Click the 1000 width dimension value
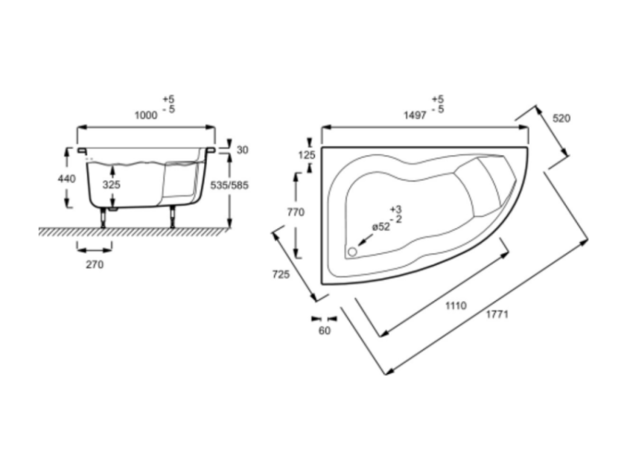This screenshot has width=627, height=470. (x=146, y=115)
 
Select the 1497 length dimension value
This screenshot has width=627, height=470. (x=415, y=115)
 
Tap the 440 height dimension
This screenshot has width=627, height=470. (x=66, y=179)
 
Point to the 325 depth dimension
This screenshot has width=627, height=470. (x=112, y=185)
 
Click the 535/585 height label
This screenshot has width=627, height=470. (x=229, y=185)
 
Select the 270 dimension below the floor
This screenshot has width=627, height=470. (x=95, y=264)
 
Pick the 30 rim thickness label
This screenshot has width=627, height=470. (x=242, y=150)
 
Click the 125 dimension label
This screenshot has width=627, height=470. (x=307, y=154)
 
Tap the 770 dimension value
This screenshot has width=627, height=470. (x=296, y=212)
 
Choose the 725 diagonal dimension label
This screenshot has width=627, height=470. (x=281, y=274)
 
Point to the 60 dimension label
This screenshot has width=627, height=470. (x=325, y=331)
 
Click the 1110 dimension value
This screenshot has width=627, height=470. (x=456, y=305)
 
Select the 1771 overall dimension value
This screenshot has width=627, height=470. (x=497, y=314)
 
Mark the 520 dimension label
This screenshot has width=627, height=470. (x=561, y=118)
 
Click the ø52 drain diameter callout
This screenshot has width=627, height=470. (x=381, y=226)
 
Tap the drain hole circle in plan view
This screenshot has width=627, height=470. (x=352, y=252)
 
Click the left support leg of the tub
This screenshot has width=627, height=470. (x=104, y=217)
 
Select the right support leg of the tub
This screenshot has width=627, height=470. (x=173, y=217)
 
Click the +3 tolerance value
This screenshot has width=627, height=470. (x=396, y=209)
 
